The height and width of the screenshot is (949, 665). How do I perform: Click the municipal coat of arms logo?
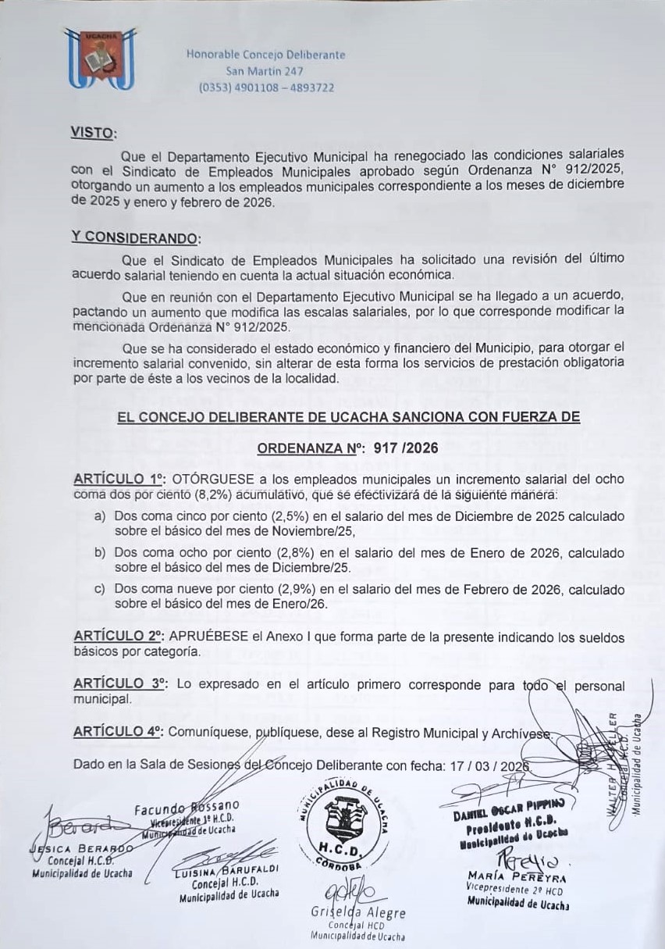tap(99, 58)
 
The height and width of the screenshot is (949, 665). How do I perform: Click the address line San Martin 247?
tap(265, 71)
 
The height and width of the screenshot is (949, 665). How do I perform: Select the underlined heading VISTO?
tap(93, 133)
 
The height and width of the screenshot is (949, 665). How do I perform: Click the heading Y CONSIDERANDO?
tap(135, 237)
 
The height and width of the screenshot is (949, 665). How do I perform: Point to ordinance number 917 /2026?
tap(406, 448)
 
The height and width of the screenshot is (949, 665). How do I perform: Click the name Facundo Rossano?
tap(186, 806)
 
